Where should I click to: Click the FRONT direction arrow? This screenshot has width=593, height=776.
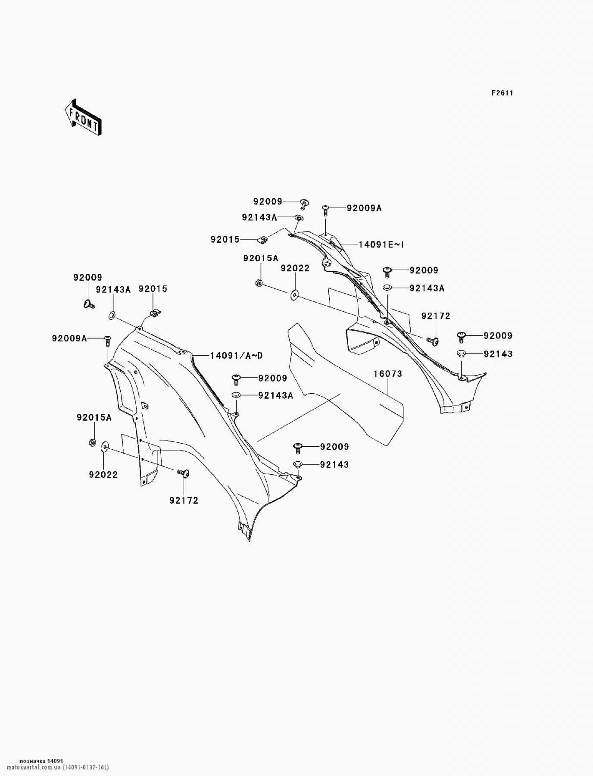(83, 117)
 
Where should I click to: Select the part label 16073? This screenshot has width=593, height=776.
(387, 374)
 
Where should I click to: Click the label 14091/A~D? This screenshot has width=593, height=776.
(236, 356)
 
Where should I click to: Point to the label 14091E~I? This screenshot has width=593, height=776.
(381, 245)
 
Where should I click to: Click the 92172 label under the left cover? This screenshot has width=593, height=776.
(184, 501)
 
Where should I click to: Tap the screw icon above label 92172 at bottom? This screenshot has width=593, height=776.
(184, 473)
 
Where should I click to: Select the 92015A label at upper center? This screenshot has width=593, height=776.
(261, 258)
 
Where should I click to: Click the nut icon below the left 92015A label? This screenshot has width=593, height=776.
(92, 442)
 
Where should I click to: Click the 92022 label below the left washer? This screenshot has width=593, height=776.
(103, 475)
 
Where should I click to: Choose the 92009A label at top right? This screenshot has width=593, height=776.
(364, 208)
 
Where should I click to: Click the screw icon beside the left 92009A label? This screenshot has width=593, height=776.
(107, 341)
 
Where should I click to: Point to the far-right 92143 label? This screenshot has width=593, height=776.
(498, 354)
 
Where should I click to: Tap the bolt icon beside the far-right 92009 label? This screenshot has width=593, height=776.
(462, 336)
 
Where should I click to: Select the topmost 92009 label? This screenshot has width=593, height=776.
(268, 201)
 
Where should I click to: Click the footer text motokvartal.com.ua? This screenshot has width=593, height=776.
(41, 767)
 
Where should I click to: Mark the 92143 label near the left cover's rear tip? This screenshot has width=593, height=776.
(334, 465)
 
